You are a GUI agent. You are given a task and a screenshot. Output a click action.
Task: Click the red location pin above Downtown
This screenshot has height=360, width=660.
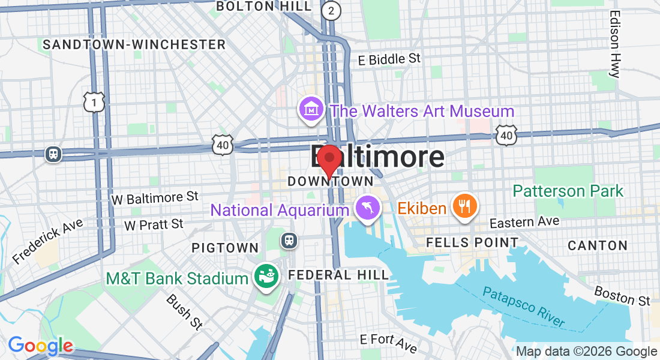coord(329,159)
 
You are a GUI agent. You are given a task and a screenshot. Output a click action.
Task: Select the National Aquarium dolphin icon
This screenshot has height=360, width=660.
coord(367,208)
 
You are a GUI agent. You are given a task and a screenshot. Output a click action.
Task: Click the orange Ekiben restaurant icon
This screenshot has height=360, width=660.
coord(464,206)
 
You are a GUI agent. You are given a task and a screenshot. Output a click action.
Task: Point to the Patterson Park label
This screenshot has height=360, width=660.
coord(568,191)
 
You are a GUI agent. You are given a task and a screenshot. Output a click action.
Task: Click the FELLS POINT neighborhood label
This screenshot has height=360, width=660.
coord(472,243)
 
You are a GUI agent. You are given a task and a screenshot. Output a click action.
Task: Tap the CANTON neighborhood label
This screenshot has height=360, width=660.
coord(598,245)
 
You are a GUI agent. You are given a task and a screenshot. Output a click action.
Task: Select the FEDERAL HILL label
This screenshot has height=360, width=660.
coord(338,275)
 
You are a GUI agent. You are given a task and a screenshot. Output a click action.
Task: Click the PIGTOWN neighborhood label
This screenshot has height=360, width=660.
coord(225,248)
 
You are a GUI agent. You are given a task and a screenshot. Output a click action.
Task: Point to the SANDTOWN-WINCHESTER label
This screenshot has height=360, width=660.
coord(134,45)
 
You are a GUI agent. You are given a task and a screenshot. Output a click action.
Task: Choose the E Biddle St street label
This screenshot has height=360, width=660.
coord(389,59)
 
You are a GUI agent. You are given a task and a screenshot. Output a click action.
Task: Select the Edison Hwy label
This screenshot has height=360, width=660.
coord(614,44)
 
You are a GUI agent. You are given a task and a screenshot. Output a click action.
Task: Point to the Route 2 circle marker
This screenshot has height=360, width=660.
coord(330,10)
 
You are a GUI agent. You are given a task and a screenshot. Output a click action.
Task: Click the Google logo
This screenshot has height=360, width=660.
coord(40,346)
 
